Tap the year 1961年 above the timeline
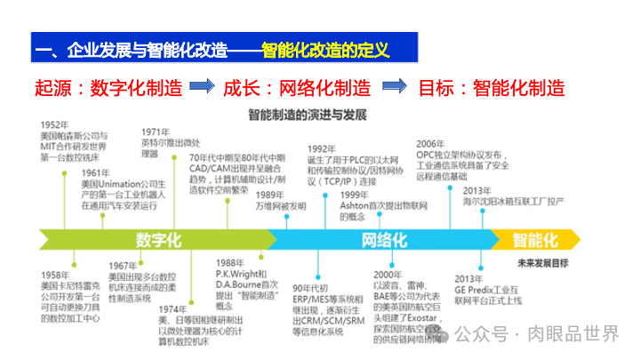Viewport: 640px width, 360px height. click(x=93, y=172)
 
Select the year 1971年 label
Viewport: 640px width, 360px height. click(x=156, y=131)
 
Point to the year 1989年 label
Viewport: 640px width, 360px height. click(x=270, y=195)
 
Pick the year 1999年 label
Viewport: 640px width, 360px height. click(x=355, y=195)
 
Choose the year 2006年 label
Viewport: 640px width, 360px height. click(x=431, y=143)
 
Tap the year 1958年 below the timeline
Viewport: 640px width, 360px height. click(x=55, y=276)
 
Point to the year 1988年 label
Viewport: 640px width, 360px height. click(x=229, y=263)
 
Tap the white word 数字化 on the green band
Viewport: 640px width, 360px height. click(x=158, y=240)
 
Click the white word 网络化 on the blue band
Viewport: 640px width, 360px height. click(x=385, y=240)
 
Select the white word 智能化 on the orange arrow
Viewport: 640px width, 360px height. click(x=535, y=240)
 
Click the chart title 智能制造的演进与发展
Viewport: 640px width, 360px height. click(x=308, y=115)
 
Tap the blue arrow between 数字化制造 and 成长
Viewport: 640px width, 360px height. click(x=204, y=87)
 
